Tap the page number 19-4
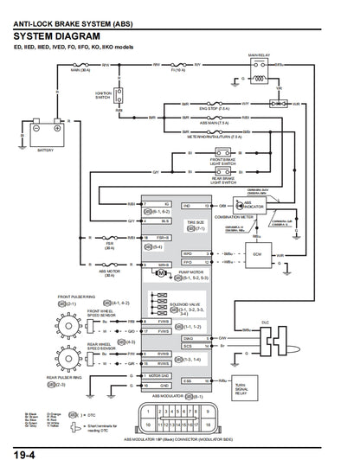click(x=23, y=452)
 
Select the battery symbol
click(x=46, y=135)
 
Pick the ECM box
click(x=256, y=256)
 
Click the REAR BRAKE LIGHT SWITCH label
click(x=223, y=182)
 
